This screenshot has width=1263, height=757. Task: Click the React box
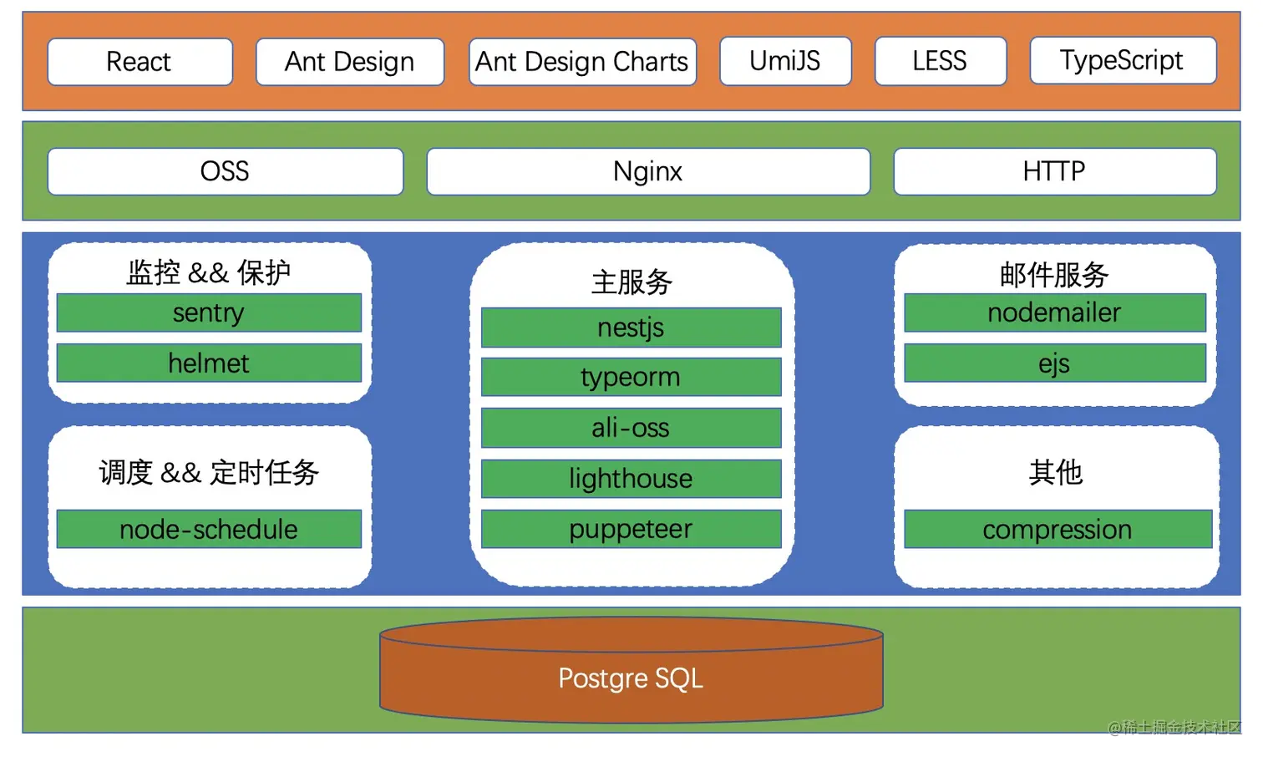click(x=139, y=62)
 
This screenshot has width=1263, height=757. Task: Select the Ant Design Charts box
click(x=582, y=62)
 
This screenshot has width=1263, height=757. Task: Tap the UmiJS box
click(x=785, y=61)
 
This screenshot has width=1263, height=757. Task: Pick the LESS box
click(x=940, y=61)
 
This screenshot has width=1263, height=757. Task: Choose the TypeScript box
click(x=1122, y=60)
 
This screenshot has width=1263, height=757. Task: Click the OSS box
click(x=225, y=171)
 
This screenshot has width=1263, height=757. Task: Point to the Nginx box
click(x=647, y=171)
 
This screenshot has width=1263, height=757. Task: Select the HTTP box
click(x=1054, y=171)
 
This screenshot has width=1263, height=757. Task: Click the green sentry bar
click(x=209, y=312)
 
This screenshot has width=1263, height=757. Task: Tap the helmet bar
click(x=209, y=363)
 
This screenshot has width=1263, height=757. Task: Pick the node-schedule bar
click(x=209, y=529)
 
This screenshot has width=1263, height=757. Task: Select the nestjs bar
click(x=631, y=328)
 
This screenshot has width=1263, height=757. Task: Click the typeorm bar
click(x=631, y=377)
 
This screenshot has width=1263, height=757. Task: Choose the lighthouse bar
click(x=631, y=478)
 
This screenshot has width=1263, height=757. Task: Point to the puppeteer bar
click(x=631, y=529)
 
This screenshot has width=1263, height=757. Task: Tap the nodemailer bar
click(x=1054, y=312)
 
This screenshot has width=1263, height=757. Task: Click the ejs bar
click(x=1054, y=363)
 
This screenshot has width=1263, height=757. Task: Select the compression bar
click(x=1057, y=529)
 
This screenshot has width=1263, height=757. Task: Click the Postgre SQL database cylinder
click(x=631, y=678)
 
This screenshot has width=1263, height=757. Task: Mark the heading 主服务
click(x=631, y=282)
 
